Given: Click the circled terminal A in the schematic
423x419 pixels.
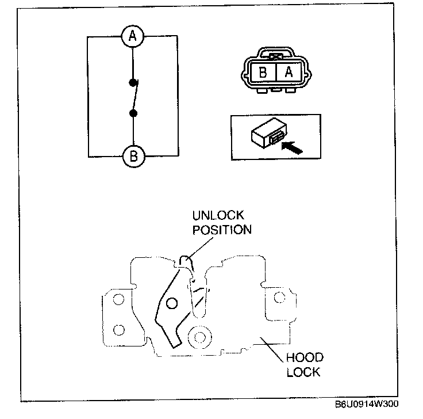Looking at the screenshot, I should [x=133, y=37].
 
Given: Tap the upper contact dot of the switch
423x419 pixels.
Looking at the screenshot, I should [x=133, y=82].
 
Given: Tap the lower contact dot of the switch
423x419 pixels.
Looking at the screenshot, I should [x=133, y=113].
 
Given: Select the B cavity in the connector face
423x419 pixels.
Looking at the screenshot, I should [x=264, y=73].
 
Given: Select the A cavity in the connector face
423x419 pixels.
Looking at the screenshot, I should [x=289, y=73].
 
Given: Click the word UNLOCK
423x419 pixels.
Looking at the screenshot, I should [x=218, y=216].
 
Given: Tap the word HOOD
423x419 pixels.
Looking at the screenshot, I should [x=304, y=357].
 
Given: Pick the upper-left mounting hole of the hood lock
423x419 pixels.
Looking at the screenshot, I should [x=118, y=299].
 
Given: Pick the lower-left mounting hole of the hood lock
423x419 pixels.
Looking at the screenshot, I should [x=118, y=329].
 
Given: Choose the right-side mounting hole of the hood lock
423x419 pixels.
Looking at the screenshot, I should [x=279, y=297].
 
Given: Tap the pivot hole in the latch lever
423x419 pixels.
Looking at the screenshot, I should [x=170, y=303].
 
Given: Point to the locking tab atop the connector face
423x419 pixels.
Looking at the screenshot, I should [x=276, y=56].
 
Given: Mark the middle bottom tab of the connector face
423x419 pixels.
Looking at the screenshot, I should [x=276, y=90].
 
